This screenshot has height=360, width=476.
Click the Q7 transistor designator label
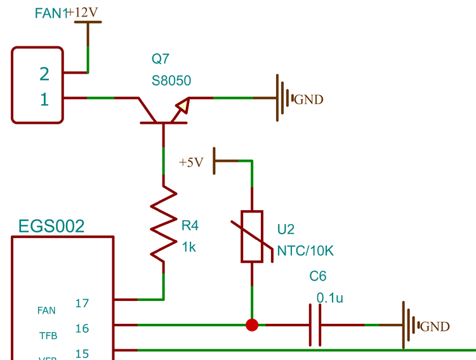click(x=161, y=59)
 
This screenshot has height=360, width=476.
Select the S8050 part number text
click(x=171, y=81)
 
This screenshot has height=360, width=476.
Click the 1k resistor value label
click(x=188, y=247)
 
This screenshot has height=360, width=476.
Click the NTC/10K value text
click(x=305, y=251)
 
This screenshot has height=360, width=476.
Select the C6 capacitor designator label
click(x=318, y=277)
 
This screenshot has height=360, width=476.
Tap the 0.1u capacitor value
click(x=329, y=297)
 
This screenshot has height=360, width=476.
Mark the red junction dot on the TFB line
click(x=252, y=325)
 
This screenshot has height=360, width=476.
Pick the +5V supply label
click(x=191, y=163)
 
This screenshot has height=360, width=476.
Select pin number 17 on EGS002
click(x=82, y=303)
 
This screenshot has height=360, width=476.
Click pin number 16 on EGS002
click(x=82, y=329)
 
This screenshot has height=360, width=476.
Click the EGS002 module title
click(x=51, y=227)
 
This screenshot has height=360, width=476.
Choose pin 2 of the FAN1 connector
click(x=44, y=74)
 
